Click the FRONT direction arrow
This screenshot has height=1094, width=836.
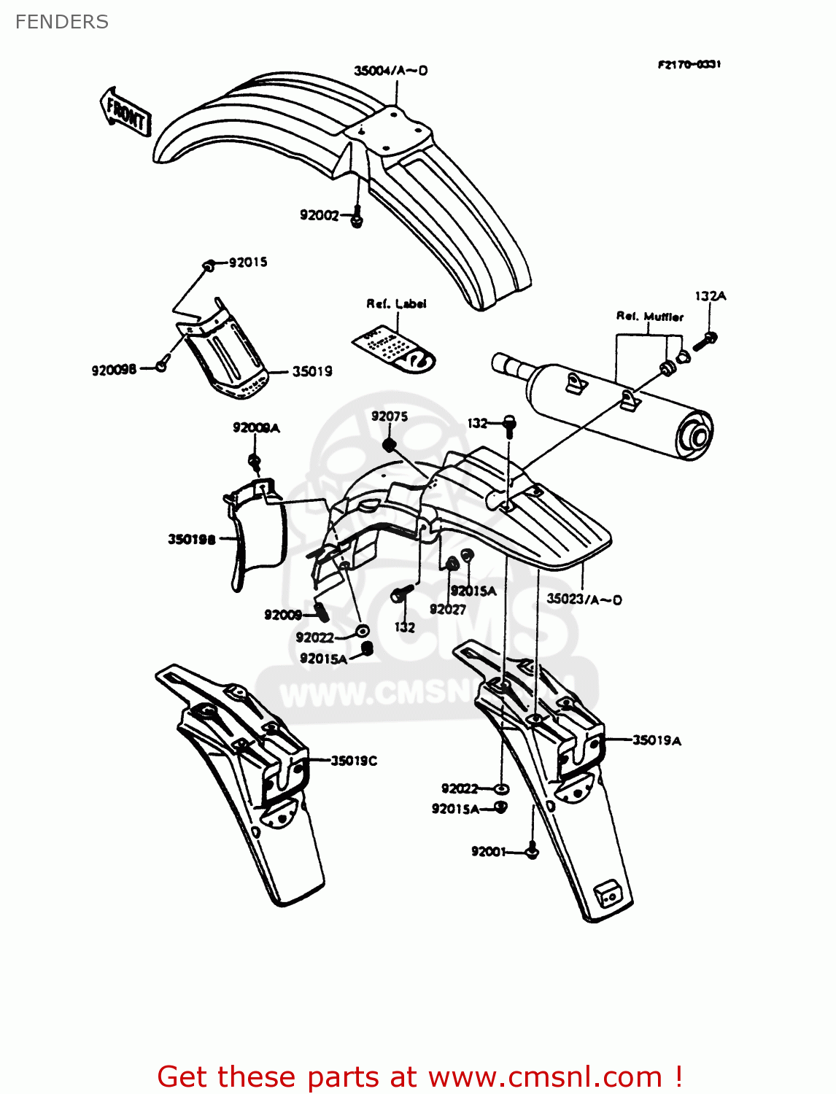125,112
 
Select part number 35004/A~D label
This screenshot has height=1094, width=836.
390,71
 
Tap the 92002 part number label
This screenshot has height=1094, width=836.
319,214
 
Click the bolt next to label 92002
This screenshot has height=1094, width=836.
357,218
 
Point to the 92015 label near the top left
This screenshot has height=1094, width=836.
248,263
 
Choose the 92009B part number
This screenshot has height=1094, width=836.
114,370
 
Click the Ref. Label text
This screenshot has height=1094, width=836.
396,303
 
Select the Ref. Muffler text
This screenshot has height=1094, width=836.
650,317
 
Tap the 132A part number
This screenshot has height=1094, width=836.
710,296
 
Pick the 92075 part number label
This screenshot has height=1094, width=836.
390,416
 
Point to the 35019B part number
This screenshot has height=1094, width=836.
192,540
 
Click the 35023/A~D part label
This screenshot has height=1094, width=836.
584,600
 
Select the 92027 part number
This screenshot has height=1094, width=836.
447,610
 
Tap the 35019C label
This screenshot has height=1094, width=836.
354,761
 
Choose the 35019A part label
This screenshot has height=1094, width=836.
657,740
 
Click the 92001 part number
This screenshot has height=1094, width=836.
489,851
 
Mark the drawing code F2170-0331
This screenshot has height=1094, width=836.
689,64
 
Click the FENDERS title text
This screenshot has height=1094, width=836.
62,22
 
